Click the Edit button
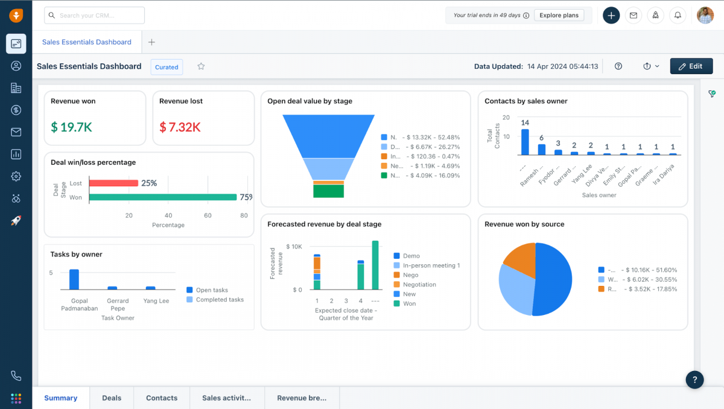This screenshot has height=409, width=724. tap(691, 66)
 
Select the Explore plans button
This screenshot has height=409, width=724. tap(559, 15)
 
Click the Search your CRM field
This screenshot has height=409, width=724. tap(94, 15)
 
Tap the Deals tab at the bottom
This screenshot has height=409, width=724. tap(112, 398)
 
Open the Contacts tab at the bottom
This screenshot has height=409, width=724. tap(162, 398)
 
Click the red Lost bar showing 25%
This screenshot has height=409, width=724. tap(113, 183)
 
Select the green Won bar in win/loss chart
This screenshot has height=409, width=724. tap(162, 197)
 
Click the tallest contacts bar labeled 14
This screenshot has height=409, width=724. tap(525, 142)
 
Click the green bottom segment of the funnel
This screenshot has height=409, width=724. tap(328, 191)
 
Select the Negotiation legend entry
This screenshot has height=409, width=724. tap(419, 285)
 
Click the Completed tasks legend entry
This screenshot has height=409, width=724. tap(220, 300)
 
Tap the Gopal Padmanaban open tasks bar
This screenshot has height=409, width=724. tap(74, 279)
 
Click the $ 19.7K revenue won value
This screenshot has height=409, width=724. tap(71, 127)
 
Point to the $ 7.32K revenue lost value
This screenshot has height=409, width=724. tap(180, 127)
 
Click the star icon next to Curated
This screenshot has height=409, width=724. tap(201, 66)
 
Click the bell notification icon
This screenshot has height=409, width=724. tap(678, 16)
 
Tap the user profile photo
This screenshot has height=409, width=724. tap(705, 16)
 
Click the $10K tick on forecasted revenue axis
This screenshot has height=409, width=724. tap(294, 247)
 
